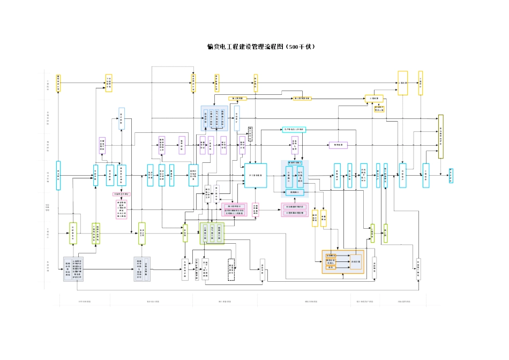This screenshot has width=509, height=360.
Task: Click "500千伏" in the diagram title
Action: coord(300,47)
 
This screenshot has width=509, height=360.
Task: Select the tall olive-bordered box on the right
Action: coord(441,136)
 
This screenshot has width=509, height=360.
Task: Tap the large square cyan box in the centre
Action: coord(256,175)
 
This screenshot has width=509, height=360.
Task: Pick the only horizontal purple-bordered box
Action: coord(338,145)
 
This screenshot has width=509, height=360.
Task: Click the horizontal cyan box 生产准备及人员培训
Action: coord(294,130)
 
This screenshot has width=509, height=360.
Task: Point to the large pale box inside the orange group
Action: coord(355,261)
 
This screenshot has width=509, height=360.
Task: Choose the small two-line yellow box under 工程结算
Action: coord(380,108)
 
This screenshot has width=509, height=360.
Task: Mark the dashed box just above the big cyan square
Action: coord(250,134)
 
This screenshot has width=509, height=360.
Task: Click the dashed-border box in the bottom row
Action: coord(231,269)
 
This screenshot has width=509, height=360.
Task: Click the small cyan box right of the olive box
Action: coord(451,175)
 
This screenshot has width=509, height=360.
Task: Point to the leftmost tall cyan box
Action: coord(58,175)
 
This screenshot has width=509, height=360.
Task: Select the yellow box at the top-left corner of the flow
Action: coord(58,83)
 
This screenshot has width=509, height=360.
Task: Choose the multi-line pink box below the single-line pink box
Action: coord(122,208)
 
